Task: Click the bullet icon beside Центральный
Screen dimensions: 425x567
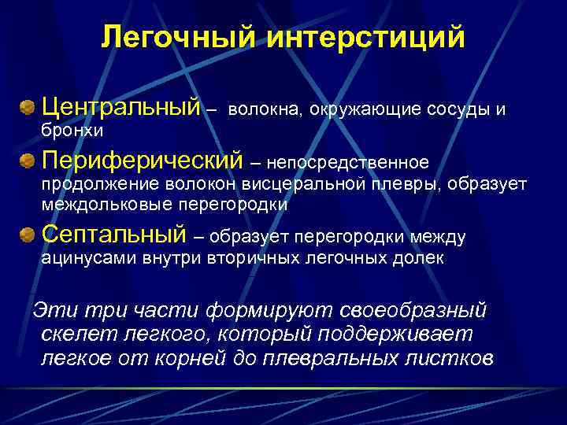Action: [28, 106]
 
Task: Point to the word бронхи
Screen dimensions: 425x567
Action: [72, 128]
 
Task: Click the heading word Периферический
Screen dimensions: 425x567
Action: [142, 161]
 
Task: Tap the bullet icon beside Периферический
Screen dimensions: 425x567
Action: [28, 162]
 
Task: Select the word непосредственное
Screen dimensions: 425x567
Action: [347, 163]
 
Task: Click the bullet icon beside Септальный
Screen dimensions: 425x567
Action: [28, 235]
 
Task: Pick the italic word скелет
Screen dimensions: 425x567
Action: [74, 334]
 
